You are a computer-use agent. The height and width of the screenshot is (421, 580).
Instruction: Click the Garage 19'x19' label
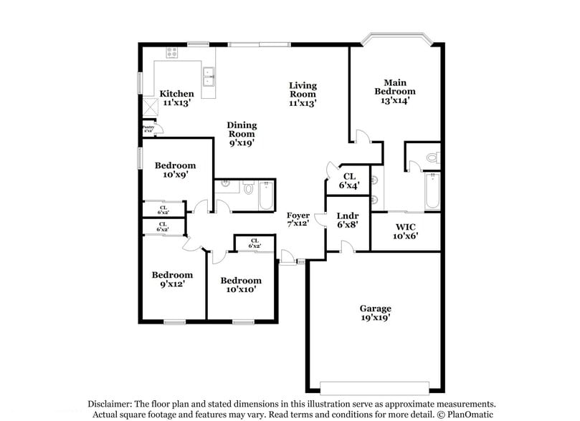pyautogui.click(x=375, y=313)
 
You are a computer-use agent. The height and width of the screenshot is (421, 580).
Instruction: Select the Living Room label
pyautogui.click(x=303, y=89)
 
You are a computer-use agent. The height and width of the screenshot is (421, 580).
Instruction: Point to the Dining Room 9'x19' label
pyautogui.click(x=242, y=134)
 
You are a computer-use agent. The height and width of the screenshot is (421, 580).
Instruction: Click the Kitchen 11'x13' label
pyautogui.click(x=176, y=98)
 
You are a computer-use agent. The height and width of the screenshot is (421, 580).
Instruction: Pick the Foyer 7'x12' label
pyautogui.click(x=298, y=220)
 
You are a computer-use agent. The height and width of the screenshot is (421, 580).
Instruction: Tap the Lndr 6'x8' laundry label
pyautogui.click(x=347, y=220)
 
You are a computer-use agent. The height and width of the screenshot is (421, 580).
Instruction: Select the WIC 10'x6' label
pyautogui.click(x=405, y=231)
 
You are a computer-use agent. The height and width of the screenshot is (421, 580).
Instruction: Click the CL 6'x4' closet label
pyautogui.click(x=349, y=180)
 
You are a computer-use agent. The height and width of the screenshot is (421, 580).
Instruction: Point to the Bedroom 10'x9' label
pyautogui.click(x=175, y=170)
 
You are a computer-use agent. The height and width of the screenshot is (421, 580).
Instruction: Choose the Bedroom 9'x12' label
pyautogui.click(x=172, y=279)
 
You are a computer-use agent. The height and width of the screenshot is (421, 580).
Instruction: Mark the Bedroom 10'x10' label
pyautogui.click(x=240, y=285)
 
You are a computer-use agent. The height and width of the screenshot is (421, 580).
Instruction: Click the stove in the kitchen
pyautogui.click(x=172, y=52)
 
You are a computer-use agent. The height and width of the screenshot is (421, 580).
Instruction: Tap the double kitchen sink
pyautogui.click(x=209, y=77)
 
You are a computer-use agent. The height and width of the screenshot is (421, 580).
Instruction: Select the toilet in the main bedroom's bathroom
pyautogui.click(x=432, y=157)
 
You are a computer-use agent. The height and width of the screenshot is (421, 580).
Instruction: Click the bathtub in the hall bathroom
pyautogui.click(x=265, y=195)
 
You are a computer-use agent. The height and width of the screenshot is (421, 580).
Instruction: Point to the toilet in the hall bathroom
pyautogui.click(x=247, y=189)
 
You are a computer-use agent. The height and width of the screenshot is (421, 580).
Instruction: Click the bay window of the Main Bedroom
pyautogui.click(x=396, y=39)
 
